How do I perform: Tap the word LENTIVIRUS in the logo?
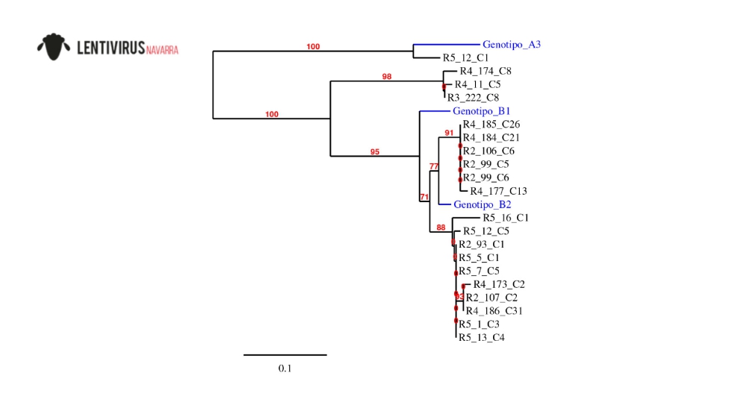[111, 49]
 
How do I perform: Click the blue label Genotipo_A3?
[511, 44]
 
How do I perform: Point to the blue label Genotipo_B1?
[481, 111]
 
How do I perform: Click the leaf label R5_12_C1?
[465, 57]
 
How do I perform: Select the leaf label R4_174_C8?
[485, 71]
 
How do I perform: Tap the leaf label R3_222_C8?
[473, 98]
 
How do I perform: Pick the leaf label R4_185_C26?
[491, 124]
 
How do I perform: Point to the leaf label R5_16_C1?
[506, 218]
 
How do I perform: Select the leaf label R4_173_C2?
[499, 284]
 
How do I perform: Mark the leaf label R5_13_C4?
[481, 338]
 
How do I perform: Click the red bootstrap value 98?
[387, 77]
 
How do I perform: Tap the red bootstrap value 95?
[375, 151]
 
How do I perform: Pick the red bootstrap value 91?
[449, 133]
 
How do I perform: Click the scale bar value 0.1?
[285, 368]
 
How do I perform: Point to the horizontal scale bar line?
[285, 354]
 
